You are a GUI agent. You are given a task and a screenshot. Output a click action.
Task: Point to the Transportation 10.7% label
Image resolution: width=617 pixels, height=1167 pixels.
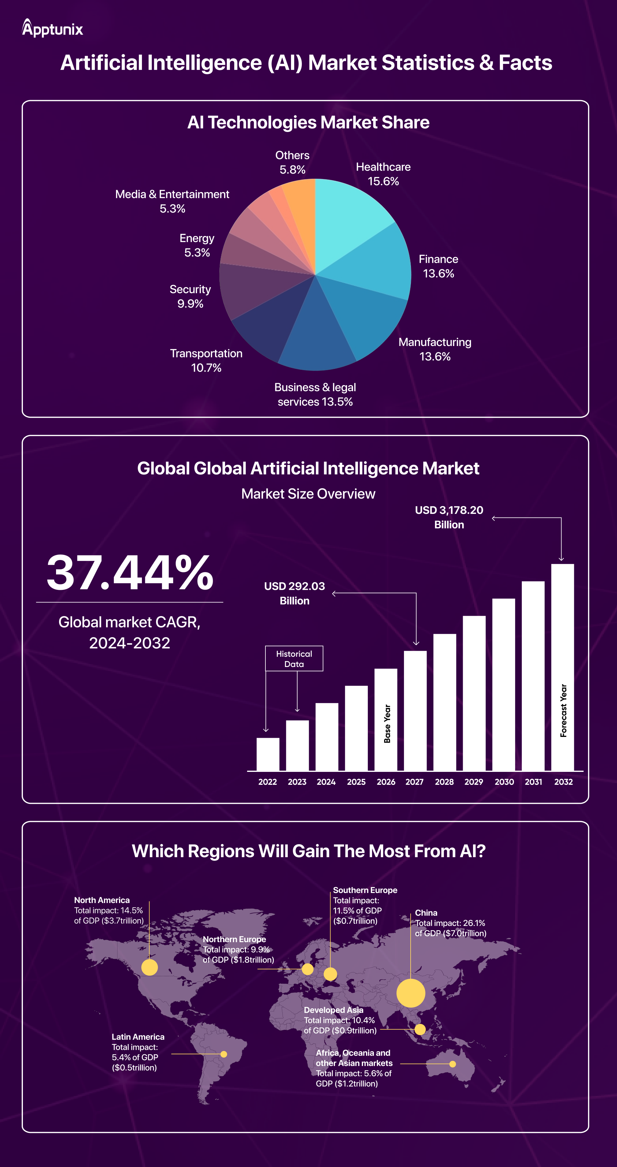pos(206,360)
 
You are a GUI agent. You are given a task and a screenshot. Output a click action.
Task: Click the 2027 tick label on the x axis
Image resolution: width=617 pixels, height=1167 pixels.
pos(414,782)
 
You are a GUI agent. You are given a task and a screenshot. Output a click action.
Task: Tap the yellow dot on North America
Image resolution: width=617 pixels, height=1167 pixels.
pos(149,967)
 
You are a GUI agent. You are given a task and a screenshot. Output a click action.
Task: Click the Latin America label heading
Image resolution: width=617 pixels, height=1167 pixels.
pos(138,1036)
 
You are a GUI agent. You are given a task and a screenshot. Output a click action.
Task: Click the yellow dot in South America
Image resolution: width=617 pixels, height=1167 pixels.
pos(224,1054)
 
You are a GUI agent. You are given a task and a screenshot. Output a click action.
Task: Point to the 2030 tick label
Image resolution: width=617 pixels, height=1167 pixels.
pos(504,782)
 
